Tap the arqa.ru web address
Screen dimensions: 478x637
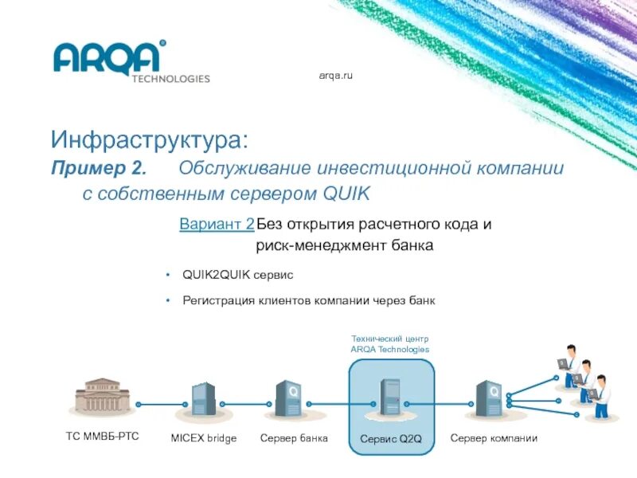pos(335,75)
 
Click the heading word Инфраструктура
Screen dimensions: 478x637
pos(150,142)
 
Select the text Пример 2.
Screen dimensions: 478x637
pos(99,169)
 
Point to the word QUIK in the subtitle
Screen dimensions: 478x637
pos(348,194)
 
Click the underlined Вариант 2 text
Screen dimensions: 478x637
pos(217,224)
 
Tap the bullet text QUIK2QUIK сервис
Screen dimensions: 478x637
pos(238,274)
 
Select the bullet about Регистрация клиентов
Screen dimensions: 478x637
pos(309,300)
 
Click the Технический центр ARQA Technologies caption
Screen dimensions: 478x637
pos(389,344)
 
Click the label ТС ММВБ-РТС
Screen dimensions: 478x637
pos(102,437)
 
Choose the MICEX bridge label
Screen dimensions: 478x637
pos(204,438)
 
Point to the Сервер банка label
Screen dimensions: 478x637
pos(294,438)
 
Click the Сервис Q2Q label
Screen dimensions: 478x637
pos(389,439)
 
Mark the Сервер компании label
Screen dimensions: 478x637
pos(494,438)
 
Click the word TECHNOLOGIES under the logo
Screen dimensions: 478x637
pos(170,79)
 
